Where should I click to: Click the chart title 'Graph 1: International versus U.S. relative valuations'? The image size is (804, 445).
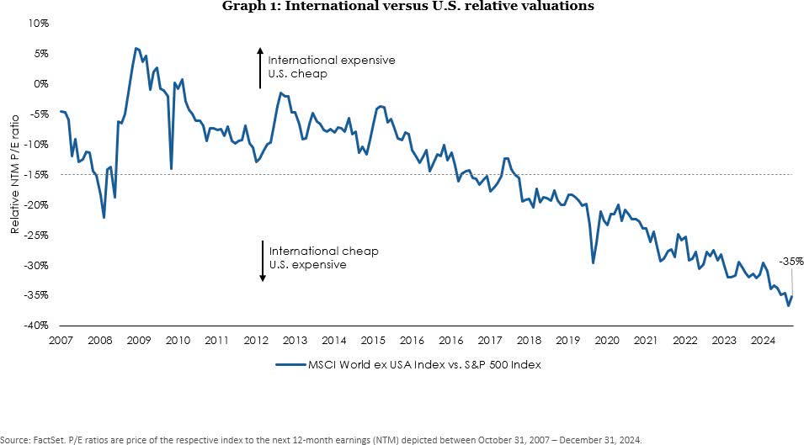(407, 7)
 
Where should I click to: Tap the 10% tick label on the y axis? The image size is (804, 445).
(38, 24)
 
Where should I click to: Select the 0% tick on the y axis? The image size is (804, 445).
(40, 84)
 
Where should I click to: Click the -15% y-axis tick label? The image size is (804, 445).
(36, 174)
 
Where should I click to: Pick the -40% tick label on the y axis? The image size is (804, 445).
(36, 326)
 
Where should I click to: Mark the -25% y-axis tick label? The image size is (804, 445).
(36, 235)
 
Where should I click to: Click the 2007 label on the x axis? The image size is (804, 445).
(60, 341)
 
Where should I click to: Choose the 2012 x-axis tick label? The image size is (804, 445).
(256, 341)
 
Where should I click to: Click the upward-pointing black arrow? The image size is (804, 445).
(262, 67)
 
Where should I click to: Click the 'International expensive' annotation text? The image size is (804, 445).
(331, 61)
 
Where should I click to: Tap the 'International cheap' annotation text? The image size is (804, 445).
(323, 252)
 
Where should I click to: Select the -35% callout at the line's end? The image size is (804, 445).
(791, 262)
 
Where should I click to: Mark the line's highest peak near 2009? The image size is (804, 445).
(136, 48)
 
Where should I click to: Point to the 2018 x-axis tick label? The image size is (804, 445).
(528, 341)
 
